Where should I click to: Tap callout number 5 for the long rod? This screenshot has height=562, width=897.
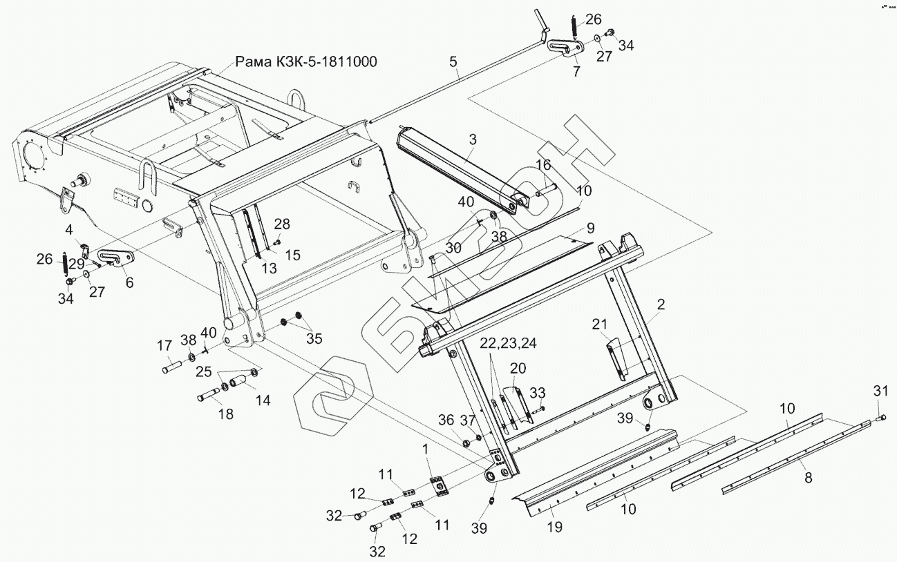coord(453,62)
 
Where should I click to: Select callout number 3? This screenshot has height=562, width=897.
coord(472,139)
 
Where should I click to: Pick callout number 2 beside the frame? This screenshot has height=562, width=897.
coord(661,304)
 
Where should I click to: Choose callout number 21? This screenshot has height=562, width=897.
coord(600,323)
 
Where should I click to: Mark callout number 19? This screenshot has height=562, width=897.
coord(554,527)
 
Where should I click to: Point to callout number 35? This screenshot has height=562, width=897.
coord(314,339)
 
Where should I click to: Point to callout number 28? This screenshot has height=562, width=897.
coord(282,224)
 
